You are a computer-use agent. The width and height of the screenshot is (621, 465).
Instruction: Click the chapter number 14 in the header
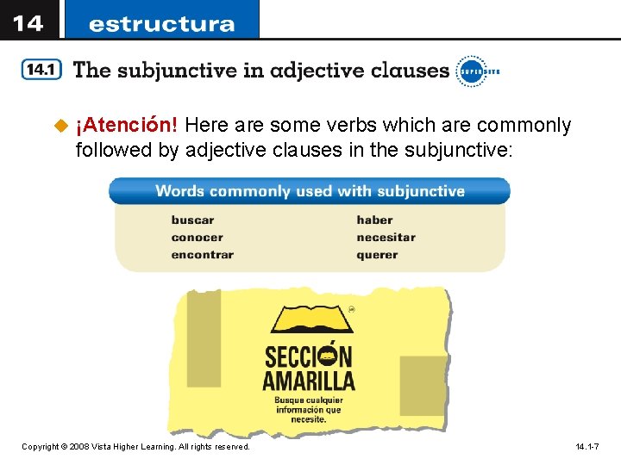pyautogui.click(x=28, y=22)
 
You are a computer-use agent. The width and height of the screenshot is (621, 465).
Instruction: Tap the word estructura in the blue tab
pyautogui.click(x=161, y=23)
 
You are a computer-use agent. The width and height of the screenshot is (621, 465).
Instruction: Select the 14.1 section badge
pyautogui.click(x=41, y=71)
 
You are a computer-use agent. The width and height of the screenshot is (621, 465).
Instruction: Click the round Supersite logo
pyautogui.click(x=471, y=71)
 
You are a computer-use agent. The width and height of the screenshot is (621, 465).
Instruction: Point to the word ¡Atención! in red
pyautogui.click(x=127, y=126)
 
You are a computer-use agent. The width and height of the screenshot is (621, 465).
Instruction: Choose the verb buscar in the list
pyautogui.click(x=192, y=220)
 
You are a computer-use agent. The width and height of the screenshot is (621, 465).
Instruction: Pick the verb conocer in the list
pyautogui.click(x=197, y=237)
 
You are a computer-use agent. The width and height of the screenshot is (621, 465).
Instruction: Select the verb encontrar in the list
pyautogui.click(x=202, y=254)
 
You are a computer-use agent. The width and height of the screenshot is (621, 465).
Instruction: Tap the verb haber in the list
pyautogui.click(x=374, y=220)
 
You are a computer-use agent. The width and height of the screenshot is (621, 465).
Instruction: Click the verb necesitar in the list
pyautogui.click(x=386, y=237)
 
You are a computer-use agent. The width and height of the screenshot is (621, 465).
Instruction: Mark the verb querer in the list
pyautogui.click(x=377, y=254)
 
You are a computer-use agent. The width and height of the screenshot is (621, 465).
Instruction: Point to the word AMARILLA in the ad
pyautogui.click(x=309, y=380)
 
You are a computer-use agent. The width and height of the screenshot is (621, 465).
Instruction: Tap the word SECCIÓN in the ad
pyautogui.click(x=309, y=356)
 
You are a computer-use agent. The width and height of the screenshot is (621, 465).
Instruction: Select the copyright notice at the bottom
pyautogui.click(x=135, y=447)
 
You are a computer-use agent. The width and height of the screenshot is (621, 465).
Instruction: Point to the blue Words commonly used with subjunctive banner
pyautogui.click(x=310, y=191)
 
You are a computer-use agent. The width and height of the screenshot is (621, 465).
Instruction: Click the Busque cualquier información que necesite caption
pyautogui.click(x=309, y=410)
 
